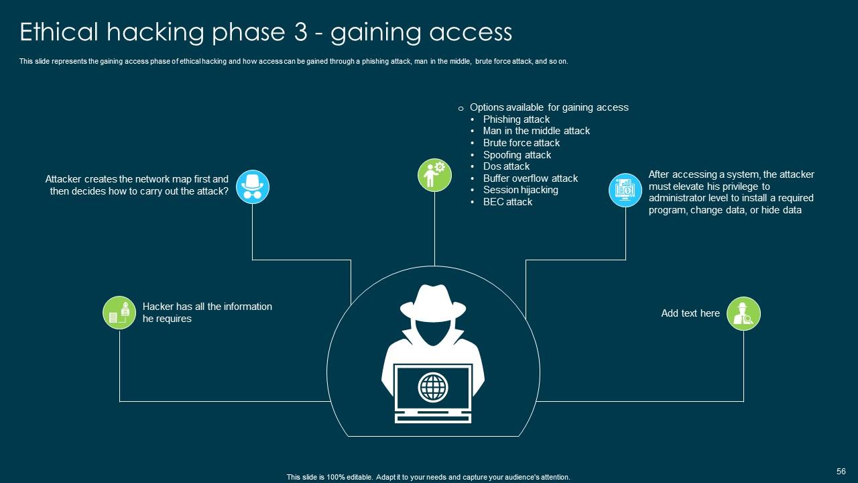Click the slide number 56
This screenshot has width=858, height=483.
pos(841,472)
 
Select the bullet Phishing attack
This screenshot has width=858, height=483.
pos(516,119)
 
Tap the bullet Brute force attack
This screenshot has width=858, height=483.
pos(521,143)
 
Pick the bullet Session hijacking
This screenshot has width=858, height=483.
pos(520,190)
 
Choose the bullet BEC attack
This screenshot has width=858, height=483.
pos(507,202)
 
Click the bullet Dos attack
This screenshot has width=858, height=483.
pos(506,166)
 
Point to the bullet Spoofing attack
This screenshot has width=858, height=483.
pos(517,155)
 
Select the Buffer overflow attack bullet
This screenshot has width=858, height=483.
pos(530,178)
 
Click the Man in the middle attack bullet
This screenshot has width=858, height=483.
pos(536,131)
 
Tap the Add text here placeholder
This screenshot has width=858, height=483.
pos(690,313)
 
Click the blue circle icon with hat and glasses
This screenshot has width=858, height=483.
pos(253,186)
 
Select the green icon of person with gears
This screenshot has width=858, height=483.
pos(434,174)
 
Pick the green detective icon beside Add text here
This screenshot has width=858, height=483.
pos(743,313)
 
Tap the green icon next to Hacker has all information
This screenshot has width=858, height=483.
pos(119,313)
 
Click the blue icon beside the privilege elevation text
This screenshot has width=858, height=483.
pos(625,189)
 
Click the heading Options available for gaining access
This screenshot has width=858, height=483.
pos(548,107)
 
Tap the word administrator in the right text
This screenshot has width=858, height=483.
pos(677,199)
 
